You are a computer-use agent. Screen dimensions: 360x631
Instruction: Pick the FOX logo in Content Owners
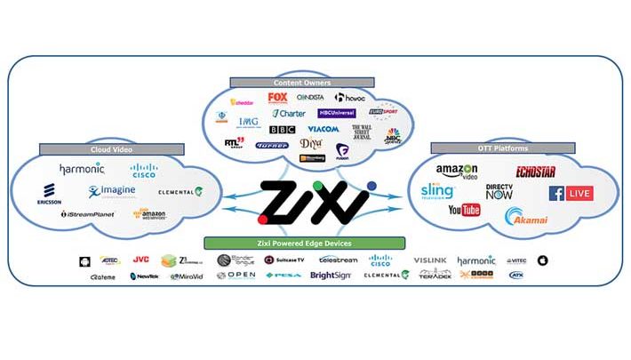click(278, 98)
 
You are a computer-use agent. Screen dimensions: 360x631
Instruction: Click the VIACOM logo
click(323, 129)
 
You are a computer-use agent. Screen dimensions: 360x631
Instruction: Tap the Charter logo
click(290, 114)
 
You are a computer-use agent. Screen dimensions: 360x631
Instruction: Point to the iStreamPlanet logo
click(88, 214)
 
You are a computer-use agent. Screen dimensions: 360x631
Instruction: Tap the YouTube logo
click(464, 211)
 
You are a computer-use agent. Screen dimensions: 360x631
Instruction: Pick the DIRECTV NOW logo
click(500, 191)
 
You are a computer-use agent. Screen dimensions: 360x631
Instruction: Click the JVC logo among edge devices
click(140, 260)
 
